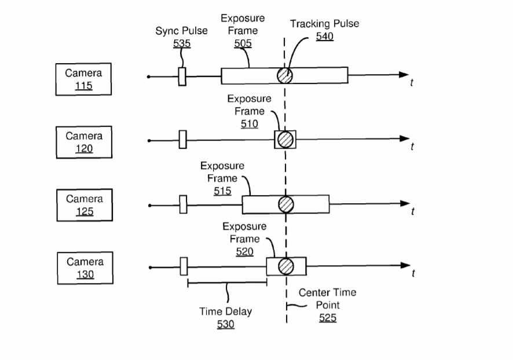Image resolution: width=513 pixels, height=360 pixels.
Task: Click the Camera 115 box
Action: [83, 79]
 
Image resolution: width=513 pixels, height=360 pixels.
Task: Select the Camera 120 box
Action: [84, 142]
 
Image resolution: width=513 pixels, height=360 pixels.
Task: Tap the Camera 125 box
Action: [84, 205]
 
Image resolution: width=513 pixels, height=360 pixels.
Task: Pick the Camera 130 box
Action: [85, 267]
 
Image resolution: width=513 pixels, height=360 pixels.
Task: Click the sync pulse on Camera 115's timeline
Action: [182, 76]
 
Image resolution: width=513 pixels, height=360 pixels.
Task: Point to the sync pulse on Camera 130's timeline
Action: [184, 266]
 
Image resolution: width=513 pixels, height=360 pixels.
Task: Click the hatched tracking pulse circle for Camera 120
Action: [285, 139]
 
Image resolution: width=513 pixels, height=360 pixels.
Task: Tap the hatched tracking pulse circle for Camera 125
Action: [285, 204]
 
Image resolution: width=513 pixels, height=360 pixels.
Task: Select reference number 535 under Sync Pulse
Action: [182, 43]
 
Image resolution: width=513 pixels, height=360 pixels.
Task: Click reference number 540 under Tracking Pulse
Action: [324, 36]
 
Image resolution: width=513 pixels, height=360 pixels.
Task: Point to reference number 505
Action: [243, 43]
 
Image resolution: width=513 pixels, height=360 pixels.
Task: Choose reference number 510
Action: [250, 124]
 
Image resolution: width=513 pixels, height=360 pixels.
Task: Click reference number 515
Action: [222, 191]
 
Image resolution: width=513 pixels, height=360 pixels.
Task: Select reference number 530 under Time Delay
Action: [225, 324]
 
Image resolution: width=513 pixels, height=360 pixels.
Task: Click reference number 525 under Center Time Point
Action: [327, 318]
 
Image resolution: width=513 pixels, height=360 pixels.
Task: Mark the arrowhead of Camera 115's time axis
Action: [404, 76]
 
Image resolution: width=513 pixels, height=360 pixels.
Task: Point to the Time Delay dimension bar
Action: [227, 283]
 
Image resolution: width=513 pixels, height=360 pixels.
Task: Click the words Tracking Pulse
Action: [324, 24]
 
